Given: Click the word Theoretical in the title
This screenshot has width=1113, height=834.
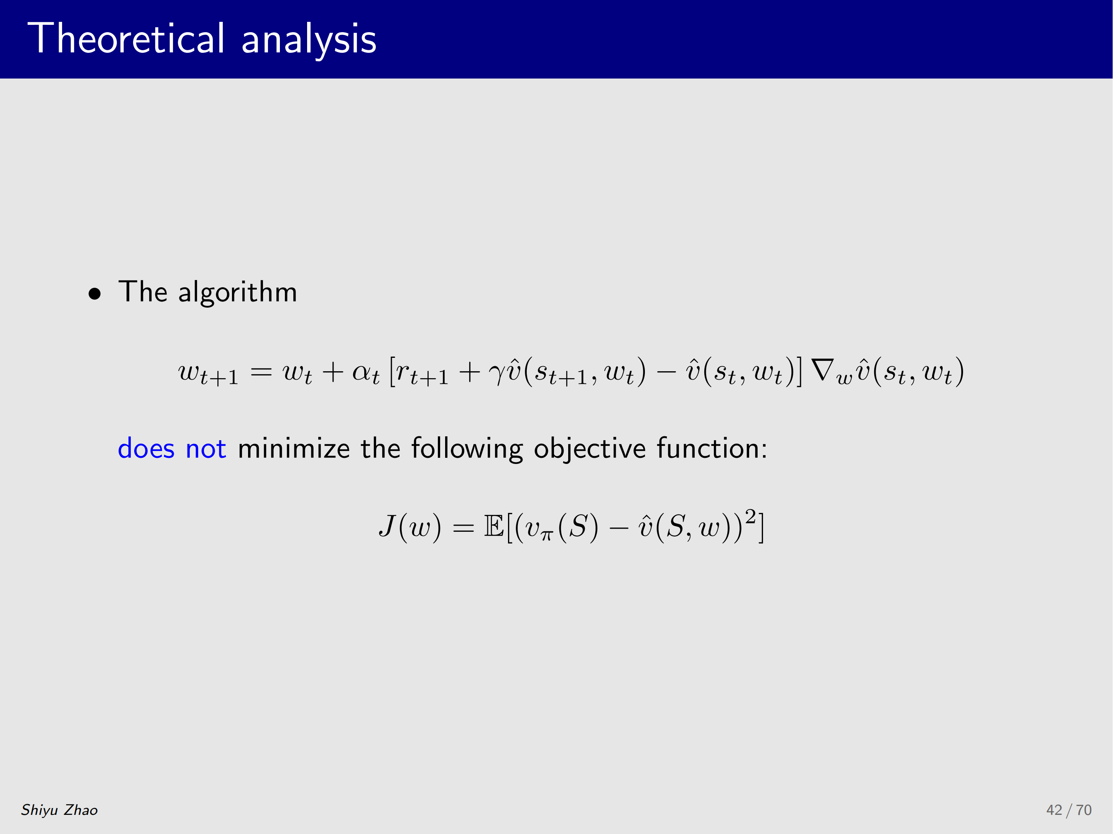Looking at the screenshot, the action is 126,38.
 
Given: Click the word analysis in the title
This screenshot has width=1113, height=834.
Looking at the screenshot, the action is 309,40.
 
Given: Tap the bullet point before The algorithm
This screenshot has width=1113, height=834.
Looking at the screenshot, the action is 95,294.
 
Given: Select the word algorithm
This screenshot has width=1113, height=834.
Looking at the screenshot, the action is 237,293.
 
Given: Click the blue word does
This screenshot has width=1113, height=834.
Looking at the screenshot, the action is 146,449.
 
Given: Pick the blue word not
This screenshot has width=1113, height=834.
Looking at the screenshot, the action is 206,450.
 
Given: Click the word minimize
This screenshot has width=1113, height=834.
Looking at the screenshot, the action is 294,449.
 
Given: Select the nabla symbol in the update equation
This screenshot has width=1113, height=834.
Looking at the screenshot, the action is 823,370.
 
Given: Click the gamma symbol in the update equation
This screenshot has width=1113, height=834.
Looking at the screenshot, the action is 496,375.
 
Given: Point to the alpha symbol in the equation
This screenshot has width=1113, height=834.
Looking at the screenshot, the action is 361,372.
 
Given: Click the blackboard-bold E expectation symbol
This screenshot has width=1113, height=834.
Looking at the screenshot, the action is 494,526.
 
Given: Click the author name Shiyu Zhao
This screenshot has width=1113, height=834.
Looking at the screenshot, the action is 59,810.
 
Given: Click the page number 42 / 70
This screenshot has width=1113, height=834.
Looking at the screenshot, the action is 1069,810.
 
